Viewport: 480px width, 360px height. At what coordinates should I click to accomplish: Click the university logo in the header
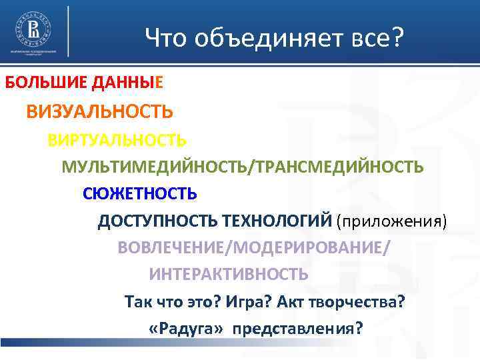(x=31, y=30)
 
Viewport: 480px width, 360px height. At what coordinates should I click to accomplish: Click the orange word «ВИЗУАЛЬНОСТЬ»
(x=100, y=111)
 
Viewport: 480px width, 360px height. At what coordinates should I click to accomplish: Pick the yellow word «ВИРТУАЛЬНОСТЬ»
(x=117, y=140)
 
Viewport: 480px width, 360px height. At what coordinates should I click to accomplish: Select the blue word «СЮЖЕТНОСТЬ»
(x=140, y=194)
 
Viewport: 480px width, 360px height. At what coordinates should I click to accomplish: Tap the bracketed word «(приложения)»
(x=391, y=221)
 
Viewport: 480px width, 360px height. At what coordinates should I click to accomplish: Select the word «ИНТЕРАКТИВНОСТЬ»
(x=229, y=274)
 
